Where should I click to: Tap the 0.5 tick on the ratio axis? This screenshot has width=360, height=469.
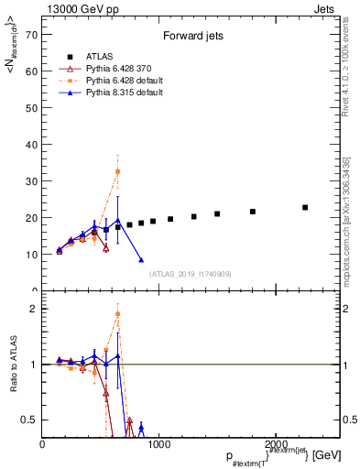coord(32,420)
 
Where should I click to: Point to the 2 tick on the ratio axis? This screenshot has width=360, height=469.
coord(34,309)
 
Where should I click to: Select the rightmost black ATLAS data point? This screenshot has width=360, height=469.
coord(305,207)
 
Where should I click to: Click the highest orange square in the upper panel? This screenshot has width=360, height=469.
coord(118,171)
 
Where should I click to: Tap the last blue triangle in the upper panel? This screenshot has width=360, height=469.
coord(141,259)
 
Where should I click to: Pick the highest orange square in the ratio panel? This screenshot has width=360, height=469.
coord(118,314)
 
